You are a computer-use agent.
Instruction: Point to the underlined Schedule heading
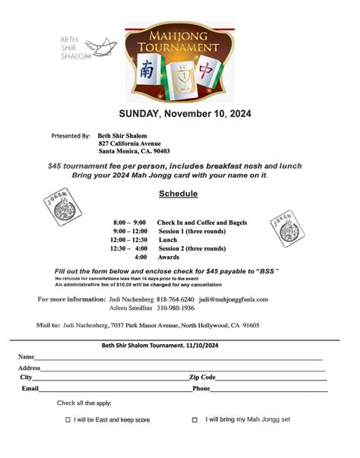178,194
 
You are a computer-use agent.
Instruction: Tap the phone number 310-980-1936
177,308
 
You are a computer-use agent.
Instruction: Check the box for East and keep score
68,419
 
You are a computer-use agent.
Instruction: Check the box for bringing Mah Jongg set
194,419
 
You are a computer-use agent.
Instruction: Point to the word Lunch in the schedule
167,239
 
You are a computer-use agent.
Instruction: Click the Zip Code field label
203,377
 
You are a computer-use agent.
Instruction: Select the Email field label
30,388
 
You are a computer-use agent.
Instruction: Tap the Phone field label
201,388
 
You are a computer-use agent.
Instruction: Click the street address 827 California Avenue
130,144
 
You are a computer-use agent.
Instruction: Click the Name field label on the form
26,356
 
